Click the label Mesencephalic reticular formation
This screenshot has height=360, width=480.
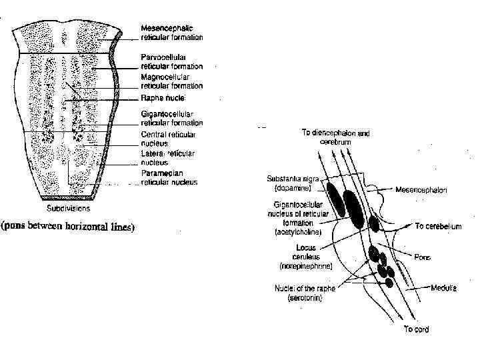(171, 32)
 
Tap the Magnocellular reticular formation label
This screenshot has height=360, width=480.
(171, 81)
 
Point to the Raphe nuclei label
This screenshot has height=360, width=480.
(163, 99)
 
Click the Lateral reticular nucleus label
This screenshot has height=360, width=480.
(167, 158)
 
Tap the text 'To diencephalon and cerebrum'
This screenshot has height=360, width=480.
(335, 137)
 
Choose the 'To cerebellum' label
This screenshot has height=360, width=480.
(438, 227)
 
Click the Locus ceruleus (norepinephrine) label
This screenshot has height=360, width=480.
(305, 256)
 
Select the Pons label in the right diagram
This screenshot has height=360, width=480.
(422, 257)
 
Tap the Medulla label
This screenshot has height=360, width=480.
(443, 288)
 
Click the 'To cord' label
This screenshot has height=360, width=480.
(417, 329)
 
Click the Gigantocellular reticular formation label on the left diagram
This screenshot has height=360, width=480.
(171, 119)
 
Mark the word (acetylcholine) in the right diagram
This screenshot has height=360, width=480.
(299, 232)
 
